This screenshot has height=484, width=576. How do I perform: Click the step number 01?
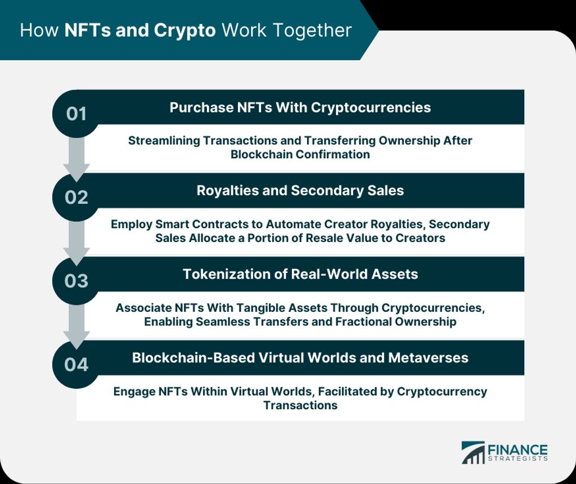[x=76, y=114]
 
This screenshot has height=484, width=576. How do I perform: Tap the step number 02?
[x=76, y=198]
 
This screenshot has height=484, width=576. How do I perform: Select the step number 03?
[x=76, y=281]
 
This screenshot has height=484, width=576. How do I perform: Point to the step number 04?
[x=76, y=365]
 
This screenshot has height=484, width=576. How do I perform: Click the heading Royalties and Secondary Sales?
[x=300, y=190]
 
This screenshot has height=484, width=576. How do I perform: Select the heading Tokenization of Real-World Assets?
[x=300, y=274]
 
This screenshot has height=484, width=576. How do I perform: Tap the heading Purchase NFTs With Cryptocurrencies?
[x=300, y=107]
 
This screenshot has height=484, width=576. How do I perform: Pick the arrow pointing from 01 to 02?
[x=76, y=158]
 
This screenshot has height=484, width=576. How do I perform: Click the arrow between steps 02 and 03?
[x=76, y=242]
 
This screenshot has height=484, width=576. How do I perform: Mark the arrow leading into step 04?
[x=76, y=326]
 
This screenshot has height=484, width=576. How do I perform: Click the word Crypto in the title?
[x=184, y=30]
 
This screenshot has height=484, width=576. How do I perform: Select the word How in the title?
[x=39, y=30]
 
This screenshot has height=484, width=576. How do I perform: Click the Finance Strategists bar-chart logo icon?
[x=473, y=452]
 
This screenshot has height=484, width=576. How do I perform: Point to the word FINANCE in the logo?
[x=517, y=450]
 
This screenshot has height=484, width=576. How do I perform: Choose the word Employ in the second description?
[x=132, y=225]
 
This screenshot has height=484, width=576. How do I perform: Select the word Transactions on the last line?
[x=300, y=405]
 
